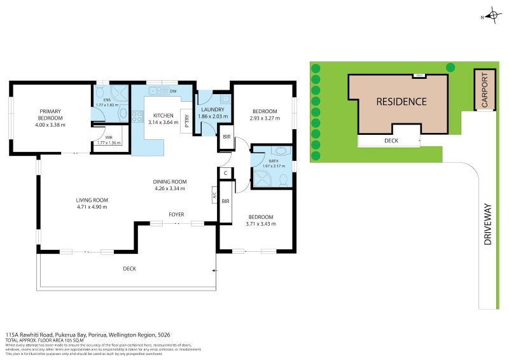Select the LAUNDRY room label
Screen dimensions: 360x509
tap(212, 110)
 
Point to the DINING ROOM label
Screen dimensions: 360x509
tap(169, 181)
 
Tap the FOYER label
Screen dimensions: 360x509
tap(176, 215)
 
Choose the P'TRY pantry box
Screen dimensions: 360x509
tap(187, 120)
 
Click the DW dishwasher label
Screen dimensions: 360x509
tap(173, 92)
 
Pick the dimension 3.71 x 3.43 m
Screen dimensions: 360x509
tap(261, 223)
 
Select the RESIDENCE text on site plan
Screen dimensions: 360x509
tap(401, 101)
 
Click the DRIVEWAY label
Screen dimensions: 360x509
tap(488, 232)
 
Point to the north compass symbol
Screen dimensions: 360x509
tap(492, 15)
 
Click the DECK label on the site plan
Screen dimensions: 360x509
tap(391, 141)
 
